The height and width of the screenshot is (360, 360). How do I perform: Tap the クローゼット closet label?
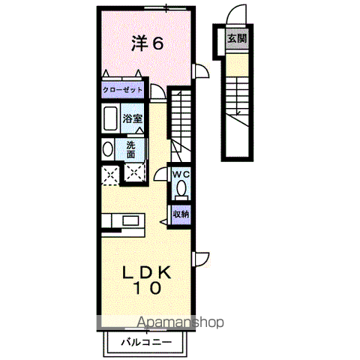pos(122,90)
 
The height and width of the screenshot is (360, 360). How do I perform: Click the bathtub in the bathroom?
pos(110,118)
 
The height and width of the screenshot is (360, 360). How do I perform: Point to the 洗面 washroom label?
pos(130,149)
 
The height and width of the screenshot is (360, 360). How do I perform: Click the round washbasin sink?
pos(107,148)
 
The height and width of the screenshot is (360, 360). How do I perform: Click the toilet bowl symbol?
pos(180,188)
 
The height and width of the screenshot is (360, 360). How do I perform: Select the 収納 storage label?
pos(181,214)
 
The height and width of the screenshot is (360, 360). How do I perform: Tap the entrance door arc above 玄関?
pos(237,15)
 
